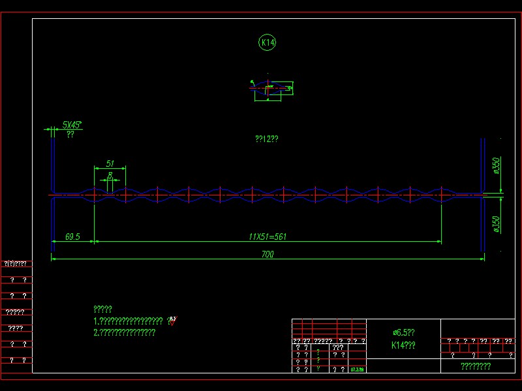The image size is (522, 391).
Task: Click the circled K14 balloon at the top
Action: pyautogui.click(x=268, y=43)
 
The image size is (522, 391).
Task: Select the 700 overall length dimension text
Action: pyautogui.click(x=267, y=255)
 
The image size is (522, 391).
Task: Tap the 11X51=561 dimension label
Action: pyautogui.click(x=268, y=237)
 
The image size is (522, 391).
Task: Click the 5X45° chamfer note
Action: pyautogui.click(x=72, y=124)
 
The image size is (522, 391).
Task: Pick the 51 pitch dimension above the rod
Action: pyautogui.click(x=110, y=163)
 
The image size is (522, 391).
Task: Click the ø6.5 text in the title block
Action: pyautogui.click(x=403, y=332)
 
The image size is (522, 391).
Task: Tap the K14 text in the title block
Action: pyautogui.click(x=403, y=345)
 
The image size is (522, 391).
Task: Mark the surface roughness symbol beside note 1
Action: pyautogui.click(x=172, y=320)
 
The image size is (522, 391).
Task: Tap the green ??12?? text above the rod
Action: pyautogui.click(x=267, y=139)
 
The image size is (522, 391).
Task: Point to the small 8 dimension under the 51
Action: pyautogui.click(x=111, y=174)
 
